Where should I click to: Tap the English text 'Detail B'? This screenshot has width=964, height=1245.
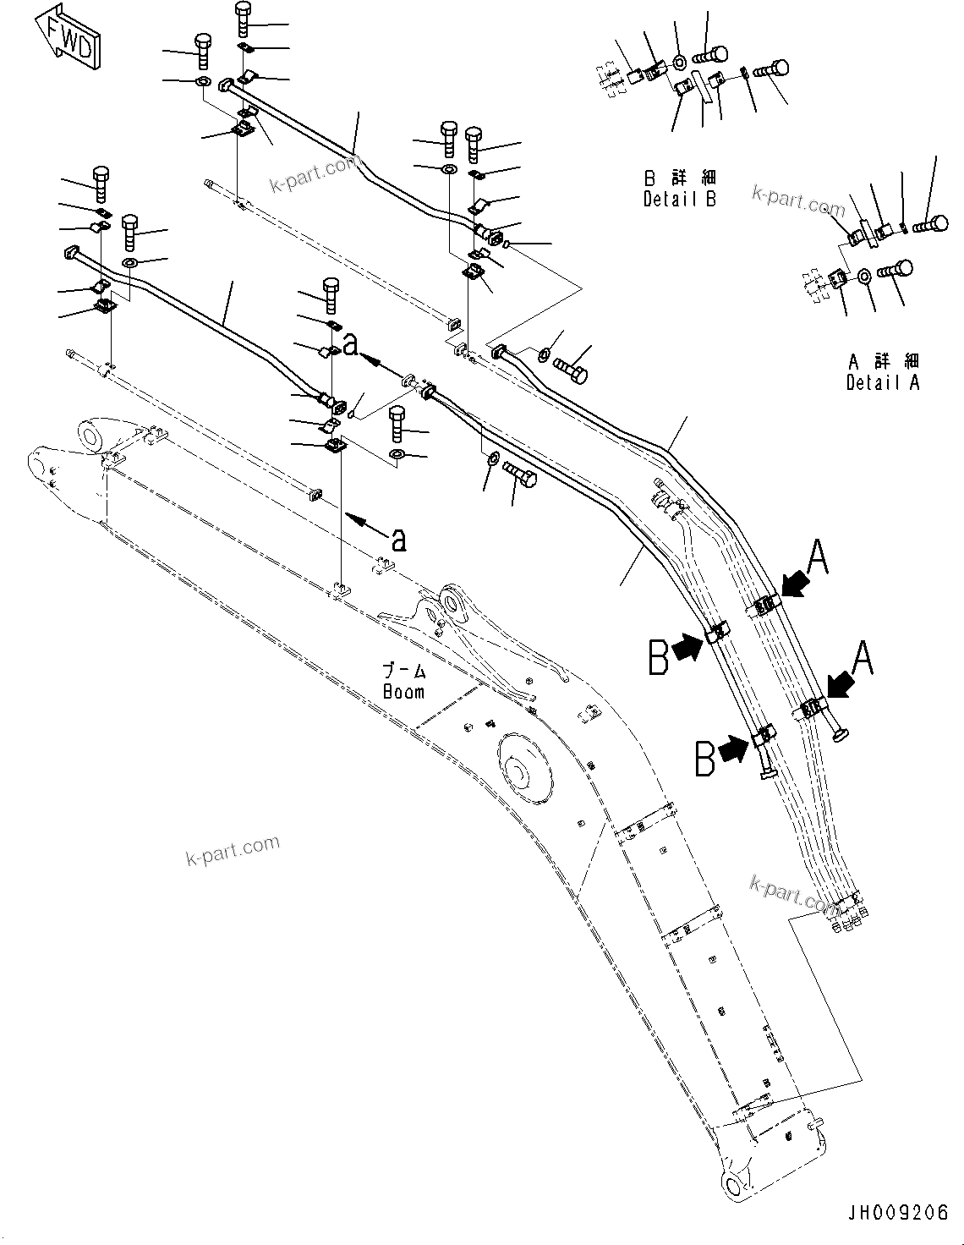tap(679, 200)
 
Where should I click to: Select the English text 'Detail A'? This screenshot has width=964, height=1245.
tap(882, 382)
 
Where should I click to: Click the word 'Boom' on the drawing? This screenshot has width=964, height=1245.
tap(403, 691)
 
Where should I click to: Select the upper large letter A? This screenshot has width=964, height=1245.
tap(818, 559)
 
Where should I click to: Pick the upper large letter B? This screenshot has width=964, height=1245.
tap(659, 657)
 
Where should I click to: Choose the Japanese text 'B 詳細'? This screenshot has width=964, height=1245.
tap(679, 179)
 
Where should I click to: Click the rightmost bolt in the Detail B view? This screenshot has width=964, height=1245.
tap(770, 70)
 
